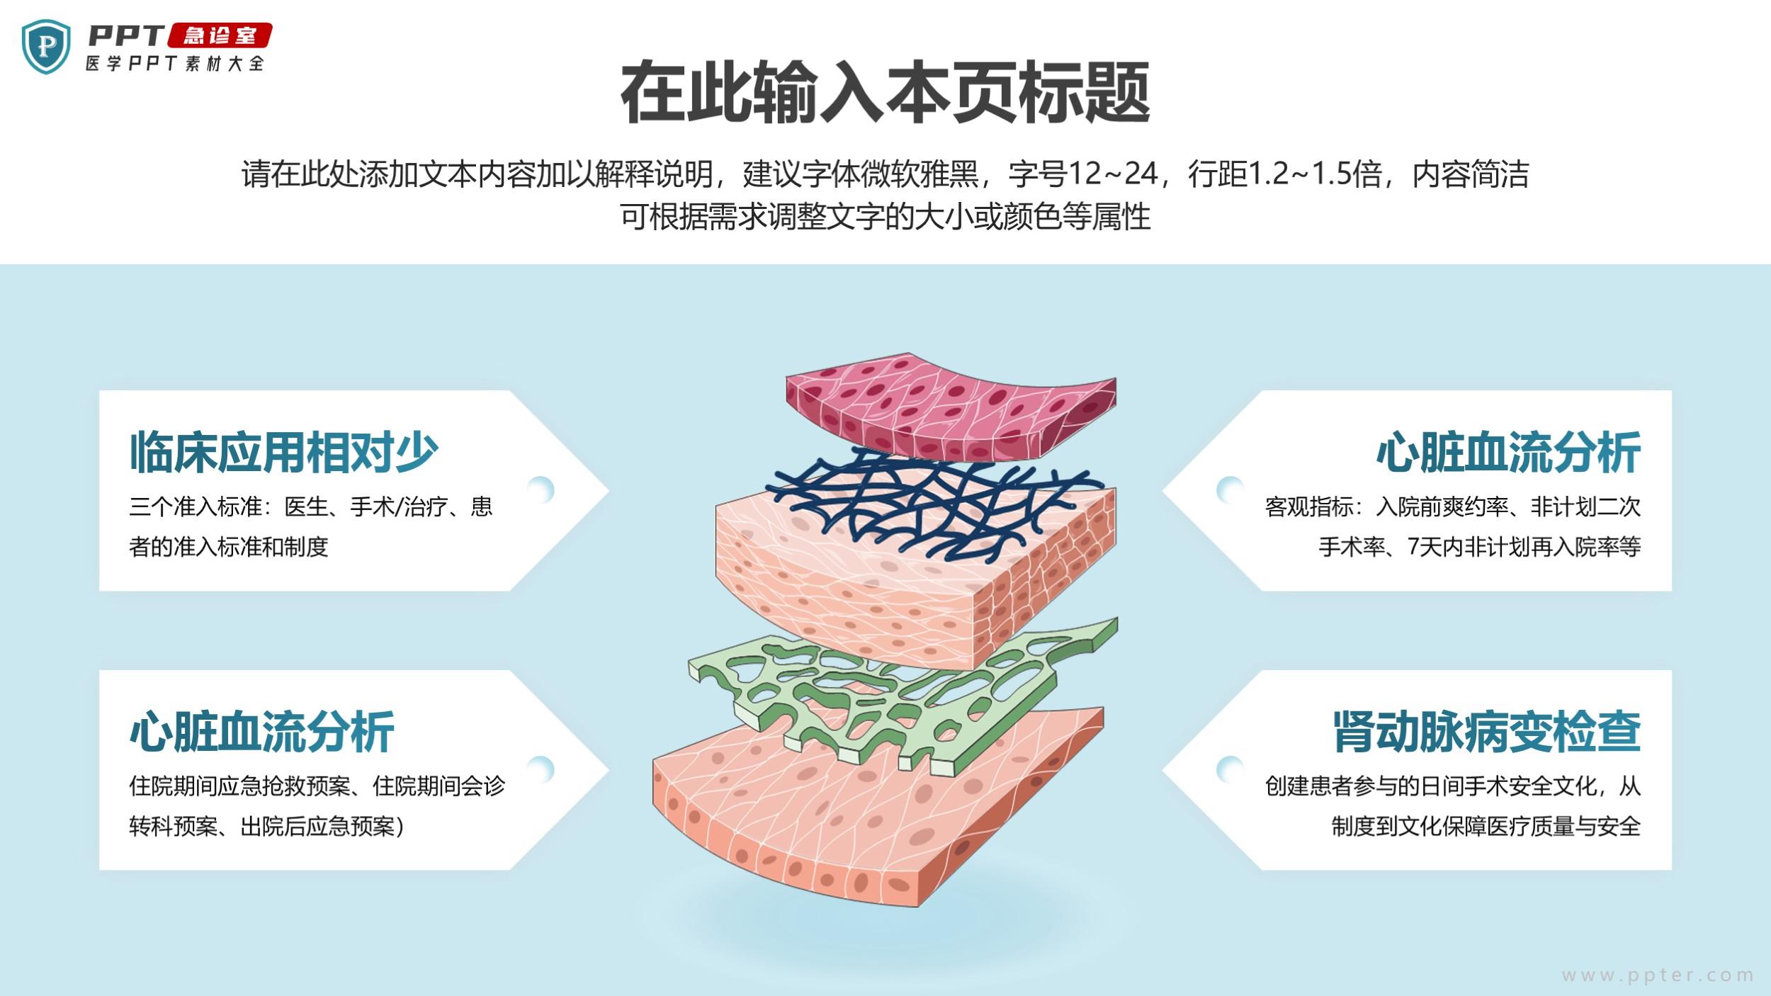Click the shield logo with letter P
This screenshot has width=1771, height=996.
tap(47, 46)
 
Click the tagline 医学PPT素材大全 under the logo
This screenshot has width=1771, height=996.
tap(175, 64)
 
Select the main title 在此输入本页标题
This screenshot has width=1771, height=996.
tap(885, 93)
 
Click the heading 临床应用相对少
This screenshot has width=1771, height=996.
tap(284, 452)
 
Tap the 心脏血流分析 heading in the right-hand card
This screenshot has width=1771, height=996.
tap(1508, 452)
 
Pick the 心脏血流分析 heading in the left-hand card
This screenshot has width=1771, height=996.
tap(262, 731)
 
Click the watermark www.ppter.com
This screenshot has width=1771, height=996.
tap(1658, 975)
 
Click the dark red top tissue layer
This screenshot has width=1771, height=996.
tap(949, 411)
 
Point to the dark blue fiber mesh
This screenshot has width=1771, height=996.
tap(921, 499)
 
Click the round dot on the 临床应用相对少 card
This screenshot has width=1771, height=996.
tap(541, 489)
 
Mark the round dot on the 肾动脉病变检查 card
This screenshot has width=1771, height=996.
tap(1230, 769)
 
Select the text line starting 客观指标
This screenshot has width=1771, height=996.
tap(1452, 507)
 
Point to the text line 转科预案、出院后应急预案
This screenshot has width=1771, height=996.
tap(266, 826)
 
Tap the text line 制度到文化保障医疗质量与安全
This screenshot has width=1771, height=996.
tap(1486, 826)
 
